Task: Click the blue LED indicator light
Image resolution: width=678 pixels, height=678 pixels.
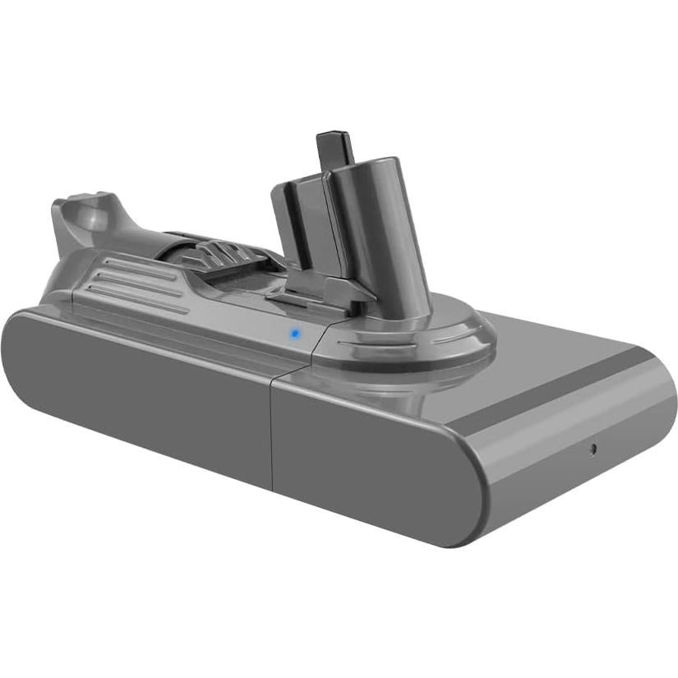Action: tap(293, 334)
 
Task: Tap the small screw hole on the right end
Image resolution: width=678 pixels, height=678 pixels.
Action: tap(593, 449)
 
